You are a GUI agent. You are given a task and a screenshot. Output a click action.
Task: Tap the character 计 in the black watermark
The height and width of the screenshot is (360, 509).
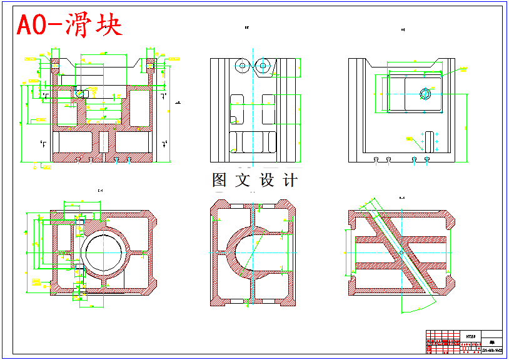point(291,180)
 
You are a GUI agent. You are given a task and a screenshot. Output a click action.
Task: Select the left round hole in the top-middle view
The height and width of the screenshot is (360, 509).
point(241,65)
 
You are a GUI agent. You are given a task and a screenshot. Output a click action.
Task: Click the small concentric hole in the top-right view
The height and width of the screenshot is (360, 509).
point(425,94)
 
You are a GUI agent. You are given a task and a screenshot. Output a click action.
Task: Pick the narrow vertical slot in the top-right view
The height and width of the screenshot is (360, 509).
point(430,141)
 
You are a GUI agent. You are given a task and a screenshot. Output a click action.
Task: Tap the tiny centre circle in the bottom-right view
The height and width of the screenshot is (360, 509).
point(401,252)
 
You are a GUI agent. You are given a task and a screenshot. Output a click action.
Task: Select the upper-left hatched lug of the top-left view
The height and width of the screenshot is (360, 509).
point(55,64)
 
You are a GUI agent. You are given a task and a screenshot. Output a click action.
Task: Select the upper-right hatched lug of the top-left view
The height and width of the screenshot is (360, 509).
point(150,64)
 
